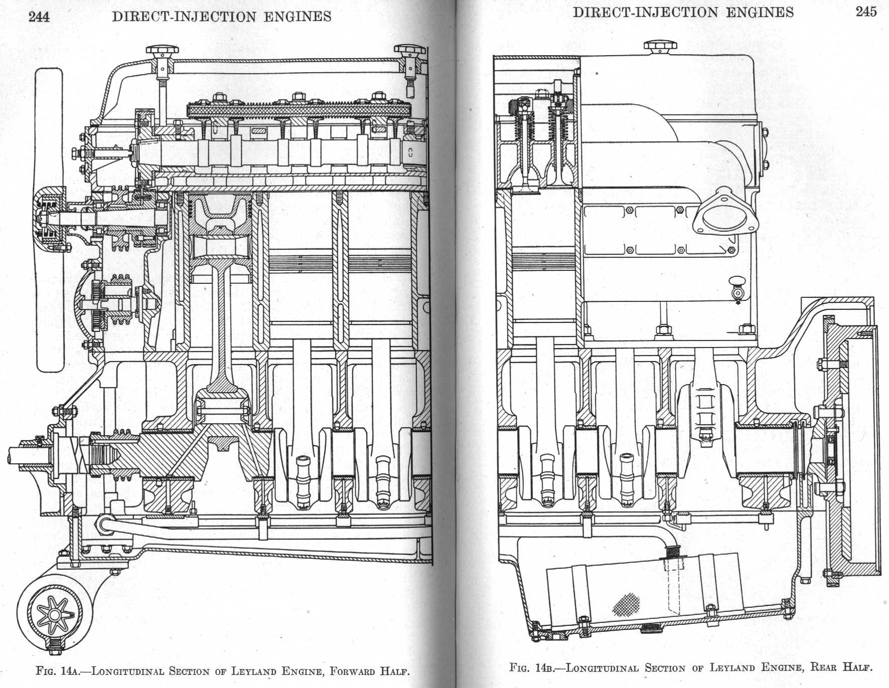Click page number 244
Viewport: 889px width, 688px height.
tap(39, 17)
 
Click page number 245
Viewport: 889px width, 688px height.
tap(866, 12)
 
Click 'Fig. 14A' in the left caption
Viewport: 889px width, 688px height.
tap(56, 671)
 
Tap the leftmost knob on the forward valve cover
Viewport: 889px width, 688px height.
tap(162, 51)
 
